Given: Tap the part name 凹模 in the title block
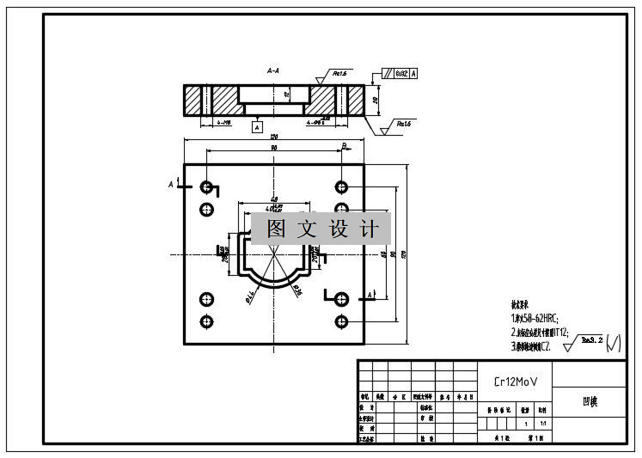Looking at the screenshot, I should [x=589, y=400].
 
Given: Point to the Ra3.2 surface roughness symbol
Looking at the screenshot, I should [x=590, y=342].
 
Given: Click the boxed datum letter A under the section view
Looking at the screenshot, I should [x=257, y=127].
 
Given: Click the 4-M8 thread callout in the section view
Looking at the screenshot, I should [x=225, y=122].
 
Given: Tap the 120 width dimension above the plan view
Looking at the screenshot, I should [x=274, y=137].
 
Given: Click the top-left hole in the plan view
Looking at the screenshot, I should [x=206, y=186].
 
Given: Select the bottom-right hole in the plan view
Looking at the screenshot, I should [x=342, y=321].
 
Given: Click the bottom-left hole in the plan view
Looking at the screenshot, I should [x=206, y=321].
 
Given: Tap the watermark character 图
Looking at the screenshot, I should [x=276, y=229].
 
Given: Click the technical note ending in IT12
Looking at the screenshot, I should [x=540, y=332].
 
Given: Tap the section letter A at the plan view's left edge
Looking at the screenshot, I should [x=171, y=184].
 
